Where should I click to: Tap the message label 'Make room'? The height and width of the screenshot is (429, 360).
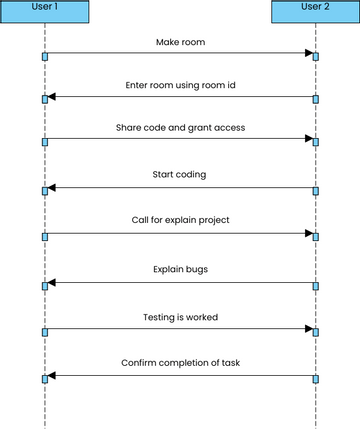click(x=180, y=42)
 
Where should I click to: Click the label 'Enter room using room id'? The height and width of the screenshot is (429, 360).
click(x=180, y=86)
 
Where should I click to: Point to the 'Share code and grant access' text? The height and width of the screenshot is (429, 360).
click(x=180, y=128)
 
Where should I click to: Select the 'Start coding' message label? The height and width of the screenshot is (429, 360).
click(x=180, y=174)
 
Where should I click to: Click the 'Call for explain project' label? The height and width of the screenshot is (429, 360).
click(x=180, y=220)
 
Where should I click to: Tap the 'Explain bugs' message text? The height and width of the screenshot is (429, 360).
click(x=180, y=269)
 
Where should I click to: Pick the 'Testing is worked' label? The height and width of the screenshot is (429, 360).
click(x=180, y=317)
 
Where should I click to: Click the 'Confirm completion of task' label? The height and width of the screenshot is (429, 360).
click(x=180, y=362)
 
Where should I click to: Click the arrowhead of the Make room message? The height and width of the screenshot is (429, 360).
click(x=308, y=53)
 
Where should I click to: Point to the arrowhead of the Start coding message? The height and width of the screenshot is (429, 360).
click(x=52, y=187)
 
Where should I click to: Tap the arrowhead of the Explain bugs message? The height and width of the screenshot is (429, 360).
click(x=52, y=282)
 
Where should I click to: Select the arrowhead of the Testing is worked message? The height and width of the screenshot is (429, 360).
click(x=308, y=328)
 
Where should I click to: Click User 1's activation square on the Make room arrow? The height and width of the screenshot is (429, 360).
click(x=45, y=56)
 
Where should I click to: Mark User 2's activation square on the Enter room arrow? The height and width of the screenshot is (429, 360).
click(x=316, y=98)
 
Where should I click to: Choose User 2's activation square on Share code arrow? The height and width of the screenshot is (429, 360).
click(x=316, y=142)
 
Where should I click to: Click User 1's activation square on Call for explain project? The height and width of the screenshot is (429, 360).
click(x=45, y=237)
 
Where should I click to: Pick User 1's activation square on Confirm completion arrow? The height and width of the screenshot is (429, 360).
click(x=45, y=379)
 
